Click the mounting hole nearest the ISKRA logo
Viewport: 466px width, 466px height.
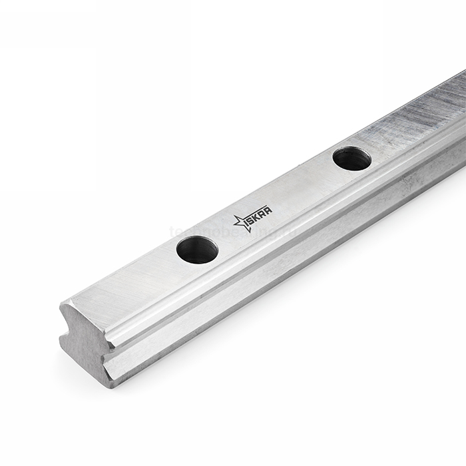click(x=197, y=250)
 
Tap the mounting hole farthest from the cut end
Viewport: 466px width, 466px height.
click(x=351, y=158)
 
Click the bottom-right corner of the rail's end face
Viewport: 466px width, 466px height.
click(x=113, y=385)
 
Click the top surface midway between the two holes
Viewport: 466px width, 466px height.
click(x=280, y=200)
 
